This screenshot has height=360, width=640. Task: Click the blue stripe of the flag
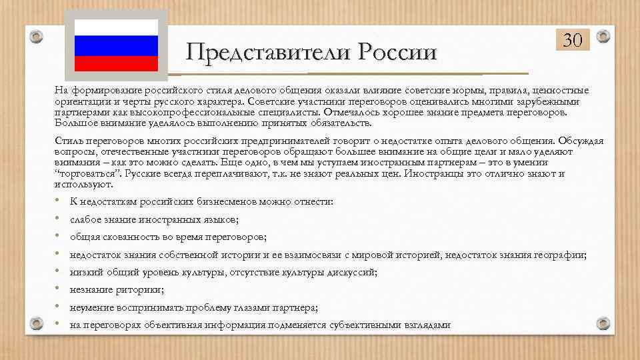point(115,45)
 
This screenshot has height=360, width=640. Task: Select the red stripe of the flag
point(115,63)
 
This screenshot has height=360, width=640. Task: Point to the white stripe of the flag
point(115,27)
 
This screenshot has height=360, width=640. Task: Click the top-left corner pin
point(37,35)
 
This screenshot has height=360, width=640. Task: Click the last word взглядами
point(427,325)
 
